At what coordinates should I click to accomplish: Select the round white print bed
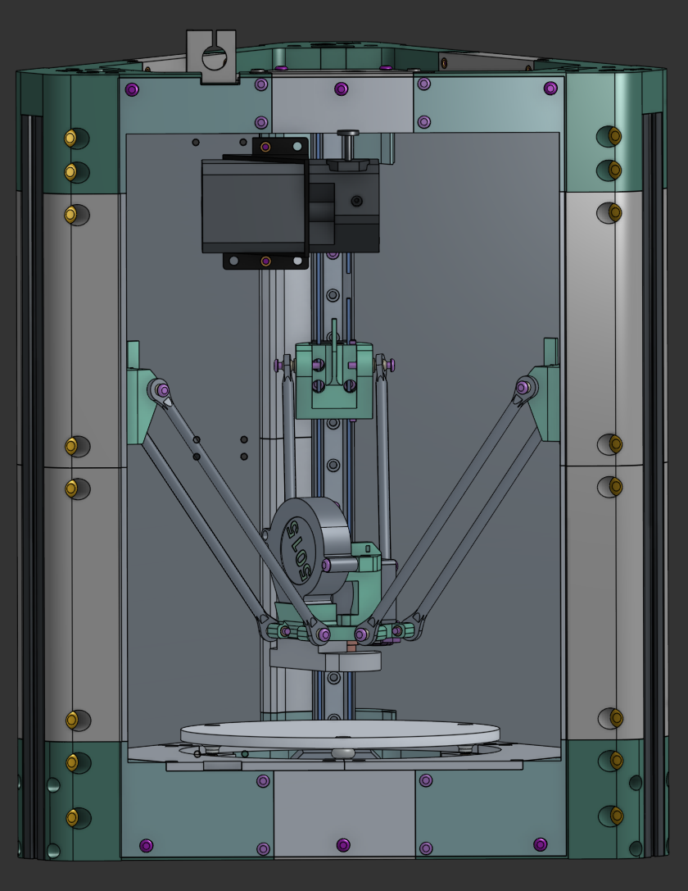coord(339,730)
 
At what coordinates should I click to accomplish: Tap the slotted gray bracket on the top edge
coord(211,57)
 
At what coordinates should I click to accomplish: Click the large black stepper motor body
coord(254,205)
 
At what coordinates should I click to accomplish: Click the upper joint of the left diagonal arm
coord(161,390)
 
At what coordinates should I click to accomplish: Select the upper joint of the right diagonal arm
coord(523,387)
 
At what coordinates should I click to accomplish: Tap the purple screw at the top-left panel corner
coord(132,89)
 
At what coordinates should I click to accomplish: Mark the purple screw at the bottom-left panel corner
coord(146,845)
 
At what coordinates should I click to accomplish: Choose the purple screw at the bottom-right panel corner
coord(540,843)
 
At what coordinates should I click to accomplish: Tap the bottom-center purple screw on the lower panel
coord(342,844)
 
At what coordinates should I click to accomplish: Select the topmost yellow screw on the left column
coord(71,137)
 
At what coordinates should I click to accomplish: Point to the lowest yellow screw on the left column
coord(71,817)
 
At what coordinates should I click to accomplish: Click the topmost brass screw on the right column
coord(613,134)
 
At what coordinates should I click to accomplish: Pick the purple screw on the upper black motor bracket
coord(265,148)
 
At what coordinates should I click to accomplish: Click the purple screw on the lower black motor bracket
coord(265,261)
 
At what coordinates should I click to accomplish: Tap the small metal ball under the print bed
coord(342,752)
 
